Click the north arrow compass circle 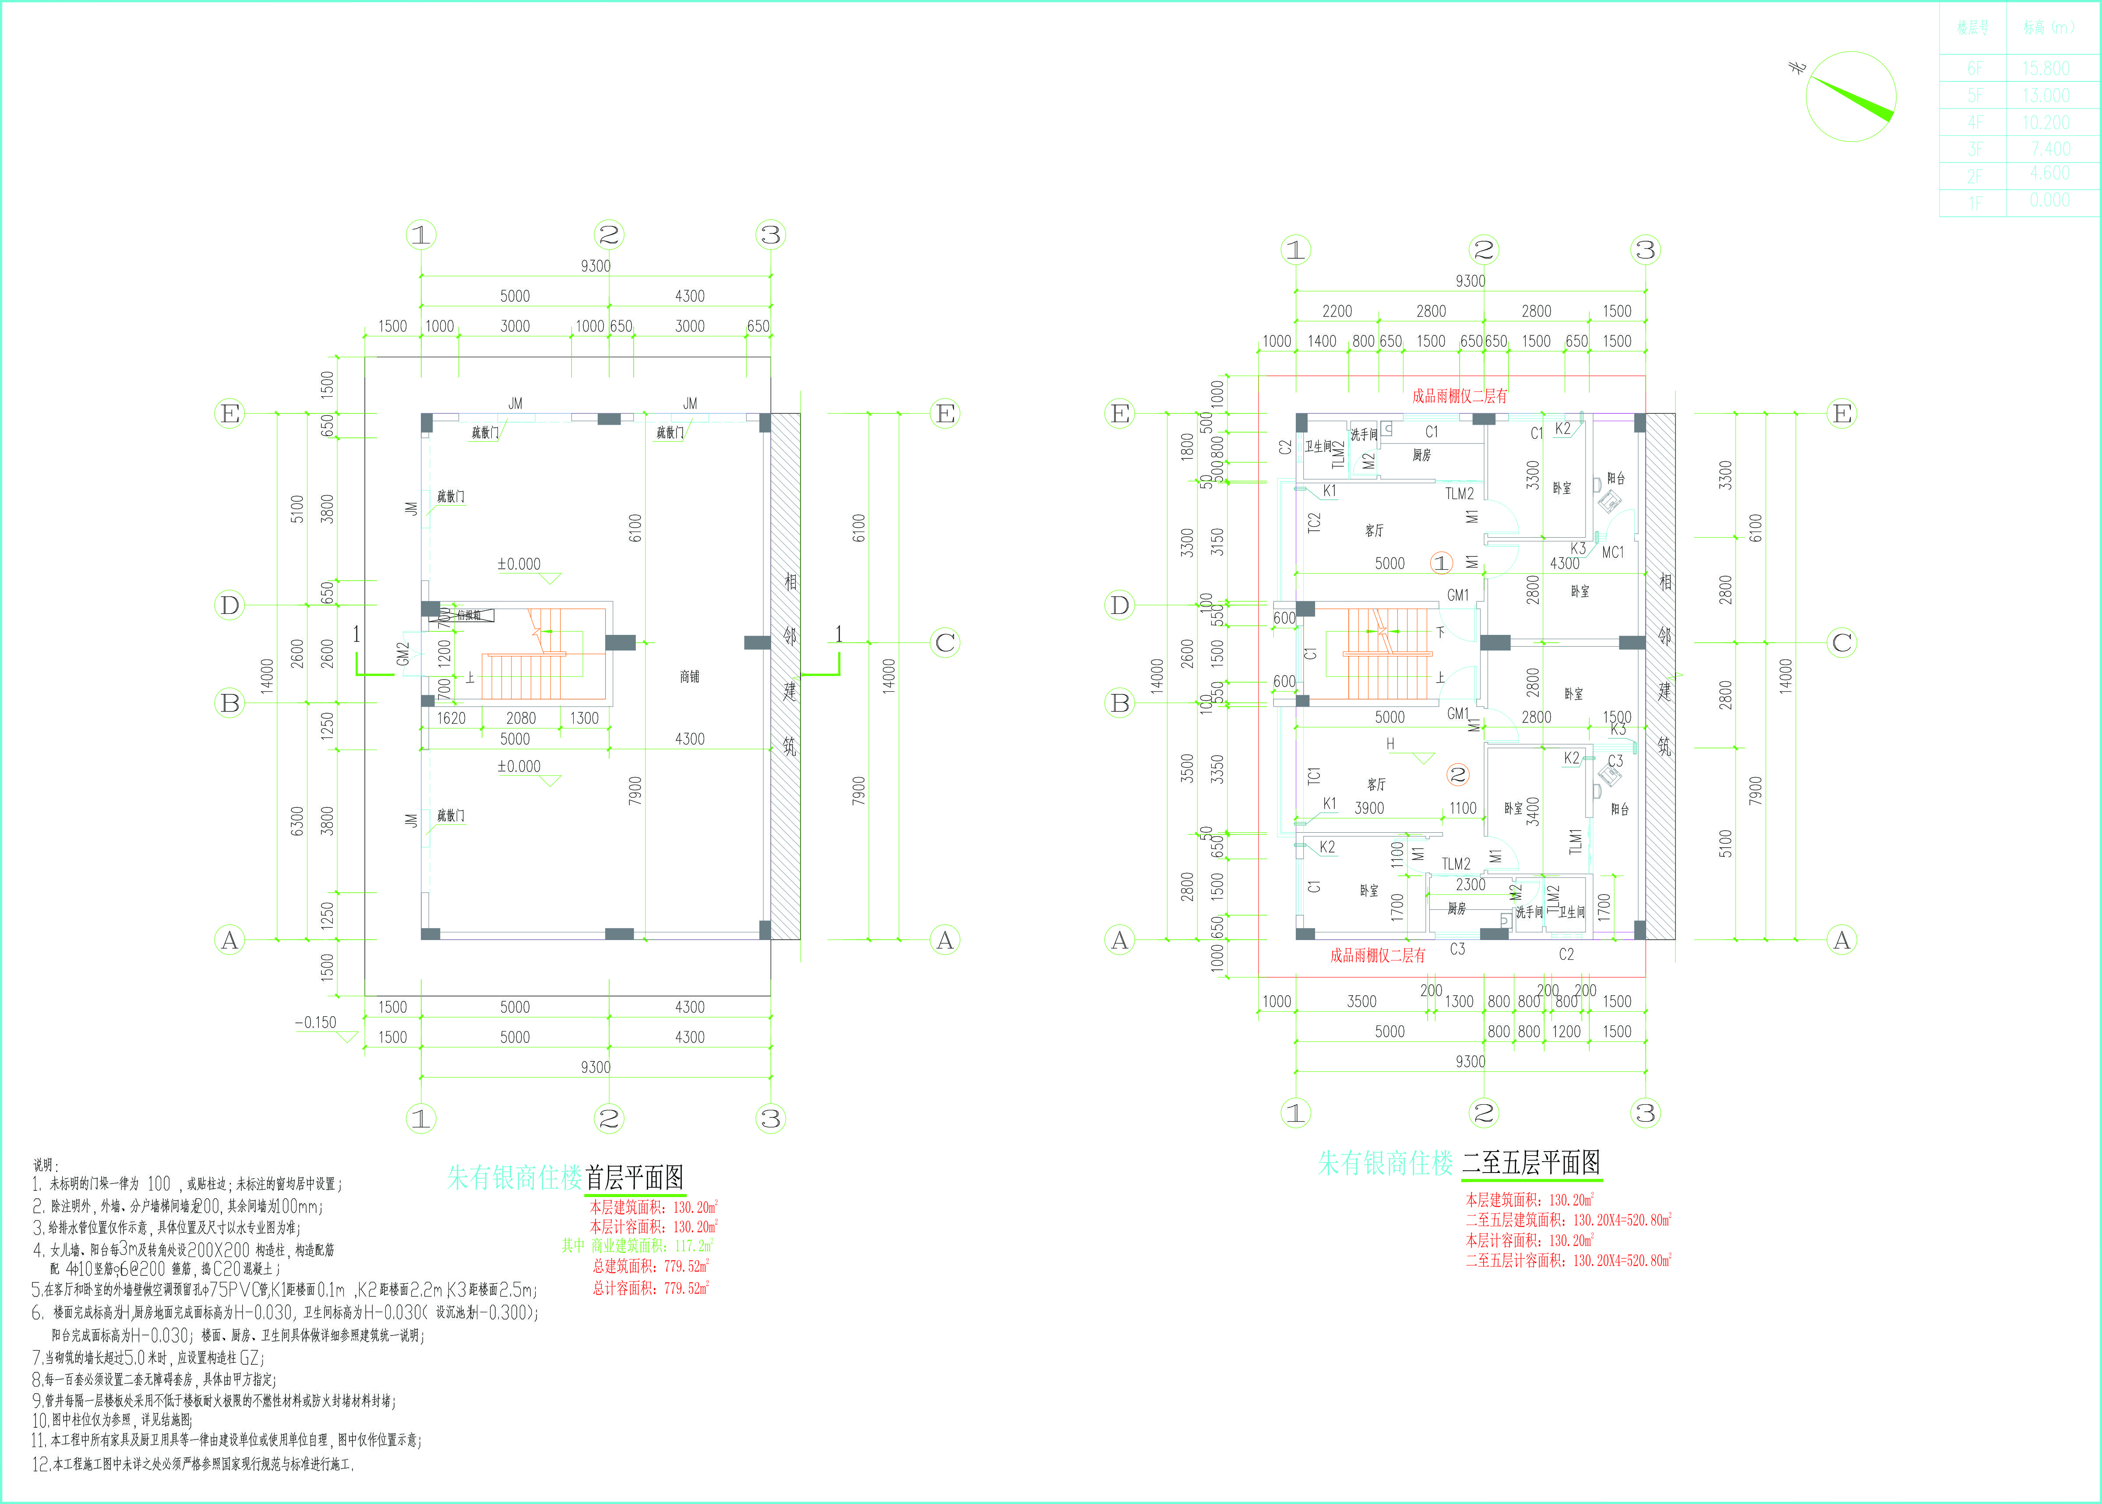[x=1850, y=96]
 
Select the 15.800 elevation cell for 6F [x=2046, y=69]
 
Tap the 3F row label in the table [x=1974, y=149]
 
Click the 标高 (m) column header [x=2048, y=28]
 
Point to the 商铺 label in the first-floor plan [x=690, y=677]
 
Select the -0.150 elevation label [x=316, y=1022]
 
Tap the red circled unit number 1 [x=1441, y=563]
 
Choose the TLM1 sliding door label [x=1575, y=841]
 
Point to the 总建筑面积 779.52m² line [x=651, y=1266]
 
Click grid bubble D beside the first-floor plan [x=229, y=606]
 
